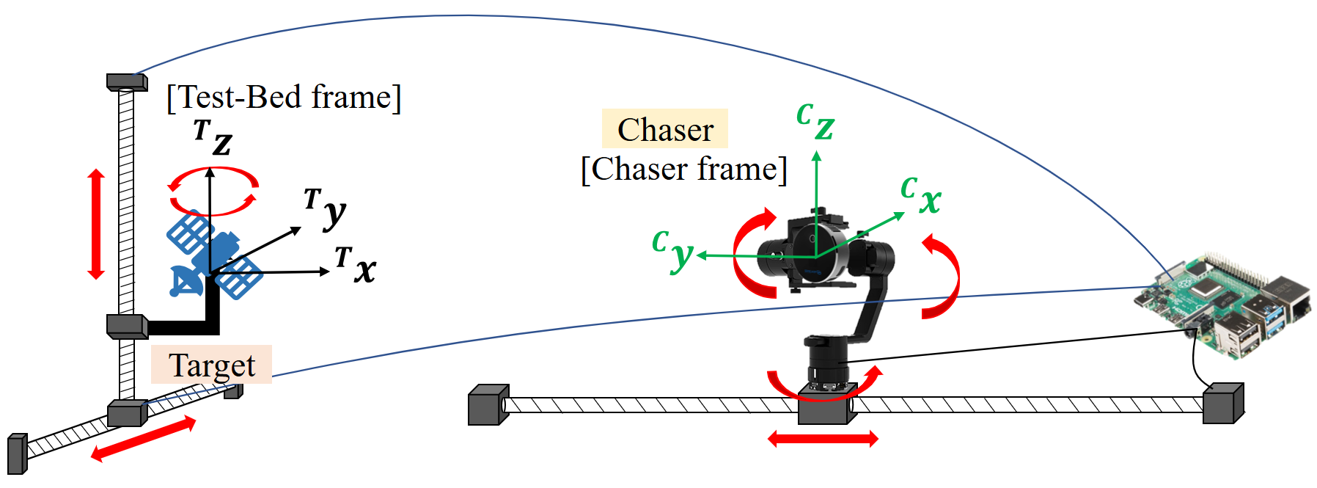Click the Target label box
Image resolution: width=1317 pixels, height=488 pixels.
click(212, 365)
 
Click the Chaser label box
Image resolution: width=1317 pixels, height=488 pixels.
click(665, 129)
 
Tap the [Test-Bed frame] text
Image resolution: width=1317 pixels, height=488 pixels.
click(285, 97)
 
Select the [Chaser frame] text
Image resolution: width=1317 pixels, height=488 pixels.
click(684, 169)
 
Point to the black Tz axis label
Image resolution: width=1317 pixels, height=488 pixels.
click(213, 137)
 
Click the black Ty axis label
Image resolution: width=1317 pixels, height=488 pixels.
click(326, 208)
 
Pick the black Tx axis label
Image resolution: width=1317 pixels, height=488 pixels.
click(356, 265)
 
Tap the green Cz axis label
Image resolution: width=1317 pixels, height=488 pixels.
click(815, 121)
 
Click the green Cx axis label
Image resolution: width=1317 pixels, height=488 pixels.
click(921, 195)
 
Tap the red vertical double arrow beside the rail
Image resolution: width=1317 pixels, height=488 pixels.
click(96, 224)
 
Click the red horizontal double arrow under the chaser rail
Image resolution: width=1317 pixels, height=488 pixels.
click(823, 439)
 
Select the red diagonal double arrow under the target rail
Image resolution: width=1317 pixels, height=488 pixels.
click(144, 439)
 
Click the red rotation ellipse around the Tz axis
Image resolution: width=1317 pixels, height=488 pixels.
click(213, 192)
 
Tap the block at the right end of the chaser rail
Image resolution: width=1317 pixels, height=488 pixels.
click(1223, 404)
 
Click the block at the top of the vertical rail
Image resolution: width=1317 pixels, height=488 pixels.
click(127, 81)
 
